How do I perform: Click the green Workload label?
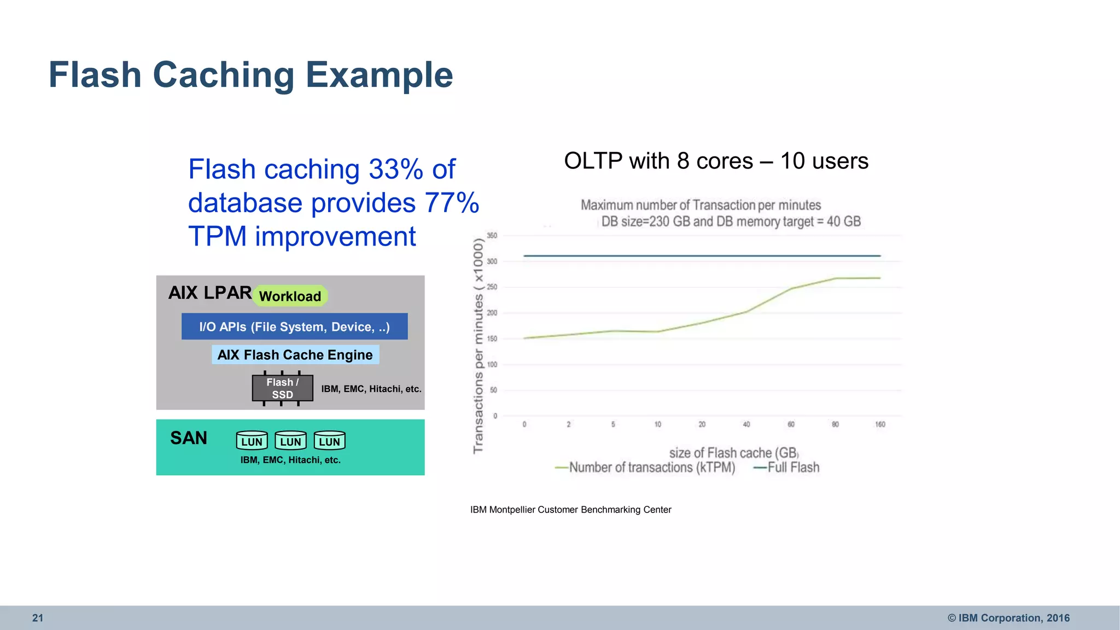[290, 296]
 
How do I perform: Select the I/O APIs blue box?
[294, 326]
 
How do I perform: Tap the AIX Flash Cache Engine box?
[295, 355]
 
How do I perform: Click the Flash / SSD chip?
[282, 388]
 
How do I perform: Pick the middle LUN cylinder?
[290, 441]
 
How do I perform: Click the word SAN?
[189, 438]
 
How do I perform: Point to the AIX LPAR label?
[209, 293]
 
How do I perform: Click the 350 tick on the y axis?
[492, 236]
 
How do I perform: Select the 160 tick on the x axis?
[879, 424]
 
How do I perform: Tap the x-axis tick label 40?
[746, 424]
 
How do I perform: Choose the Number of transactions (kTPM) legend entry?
[651, 468]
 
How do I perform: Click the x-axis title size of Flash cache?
[733, 453]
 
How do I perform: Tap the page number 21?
[37, 618]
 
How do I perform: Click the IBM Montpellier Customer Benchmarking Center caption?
[570, 510]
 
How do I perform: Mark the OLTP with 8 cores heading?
[716, 161]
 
